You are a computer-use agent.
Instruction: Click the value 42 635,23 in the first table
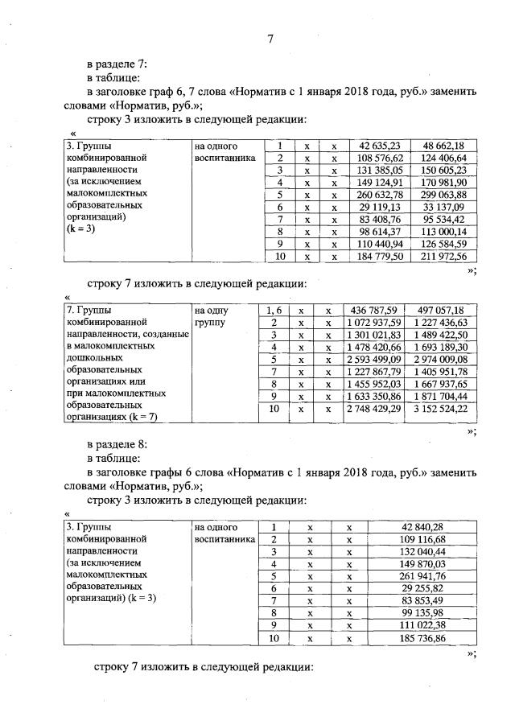click(379, 146)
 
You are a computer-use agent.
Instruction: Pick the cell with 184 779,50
click(379, 257)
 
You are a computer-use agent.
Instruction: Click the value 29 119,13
click(379, 208)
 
